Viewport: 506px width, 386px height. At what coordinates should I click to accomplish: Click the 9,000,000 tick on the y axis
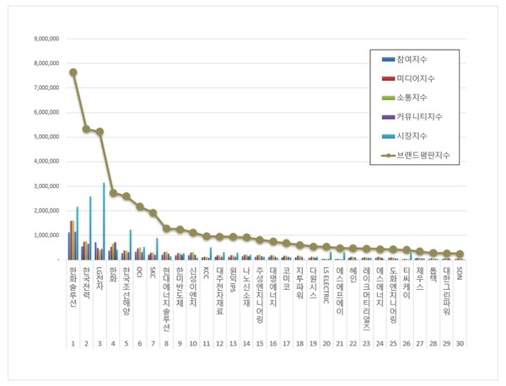tap(45, 39)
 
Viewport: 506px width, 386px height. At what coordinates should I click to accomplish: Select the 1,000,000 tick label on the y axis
tap(45, 235)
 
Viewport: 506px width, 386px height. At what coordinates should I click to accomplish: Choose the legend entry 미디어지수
tap(411, 78)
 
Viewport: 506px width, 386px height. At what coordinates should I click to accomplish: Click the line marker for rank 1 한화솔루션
tap(73, 72)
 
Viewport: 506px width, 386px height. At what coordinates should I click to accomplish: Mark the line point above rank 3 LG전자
tap(100, 131)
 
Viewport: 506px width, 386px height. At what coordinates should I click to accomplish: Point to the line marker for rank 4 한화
tap(113, 192)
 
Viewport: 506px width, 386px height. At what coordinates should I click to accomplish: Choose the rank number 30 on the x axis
tap(458, 344)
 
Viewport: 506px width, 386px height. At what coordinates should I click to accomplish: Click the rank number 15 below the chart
tap(259, 344)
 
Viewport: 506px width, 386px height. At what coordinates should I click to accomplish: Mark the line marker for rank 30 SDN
tap(458, 254)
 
